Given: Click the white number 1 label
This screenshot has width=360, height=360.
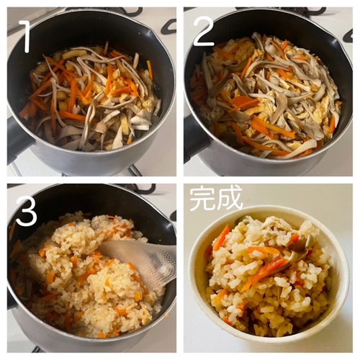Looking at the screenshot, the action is (25, 37).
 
